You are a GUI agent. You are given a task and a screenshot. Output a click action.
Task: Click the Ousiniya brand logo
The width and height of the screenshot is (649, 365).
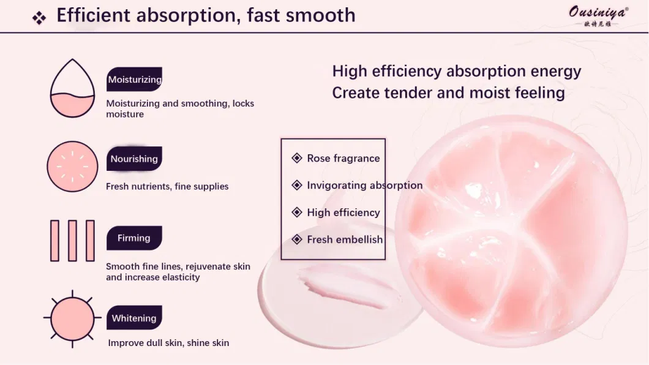[x=599, y=17]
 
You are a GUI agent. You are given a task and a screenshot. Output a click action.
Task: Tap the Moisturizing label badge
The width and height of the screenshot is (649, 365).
[x=135, y=79]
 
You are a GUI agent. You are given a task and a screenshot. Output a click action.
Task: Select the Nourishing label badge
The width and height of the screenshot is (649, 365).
[x=134, y=159]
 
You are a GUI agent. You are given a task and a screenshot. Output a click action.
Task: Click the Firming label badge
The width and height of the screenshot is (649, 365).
[x=134, y=238]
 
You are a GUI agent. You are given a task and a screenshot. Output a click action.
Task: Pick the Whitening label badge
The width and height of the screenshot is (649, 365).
[x=134, y=318]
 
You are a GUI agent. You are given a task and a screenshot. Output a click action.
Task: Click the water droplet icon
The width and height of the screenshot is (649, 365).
[x=72, y=88]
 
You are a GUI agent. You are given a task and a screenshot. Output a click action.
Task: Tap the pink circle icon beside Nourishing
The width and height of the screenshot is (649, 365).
[x=72, y=167]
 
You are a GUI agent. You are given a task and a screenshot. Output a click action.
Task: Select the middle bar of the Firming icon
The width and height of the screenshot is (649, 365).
[x=72, y=241]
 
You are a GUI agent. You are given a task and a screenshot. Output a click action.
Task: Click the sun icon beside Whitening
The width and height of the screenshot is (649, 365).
[x=72, y=318]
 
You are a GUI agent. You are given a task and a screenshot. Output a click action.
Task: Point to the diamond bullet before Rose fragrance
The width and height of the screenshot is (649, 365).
[x=297, y=158]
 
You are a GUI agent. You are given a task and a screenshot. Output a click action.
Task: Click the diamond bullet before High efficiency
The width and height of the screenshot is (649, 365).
[x=297, y=213]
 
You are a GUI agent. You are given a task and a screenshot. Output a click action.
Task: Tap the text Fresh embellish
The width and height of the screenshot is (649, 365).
[x=345, y=239]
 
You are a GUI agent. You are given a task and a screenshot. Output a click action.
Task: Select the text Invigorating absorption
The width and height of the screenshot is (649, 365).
[x=365, y=186]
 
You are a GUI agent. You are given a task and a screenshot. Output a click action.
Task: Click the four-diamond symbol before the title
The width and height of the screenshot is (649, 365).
[x=39, y=18]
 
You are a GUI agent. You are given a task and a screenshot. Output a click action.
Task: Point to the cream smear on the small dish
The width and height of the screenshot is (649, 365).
[x=345, y=287]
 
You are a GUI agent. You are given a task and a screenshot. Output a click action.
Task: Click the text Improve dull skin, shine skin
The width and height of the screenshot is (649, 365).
[x=168, y=343]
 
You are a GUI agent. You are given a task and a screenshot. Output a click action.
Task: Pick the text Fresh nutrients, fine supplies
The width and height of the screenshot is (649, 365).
[x=167, y=187]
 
